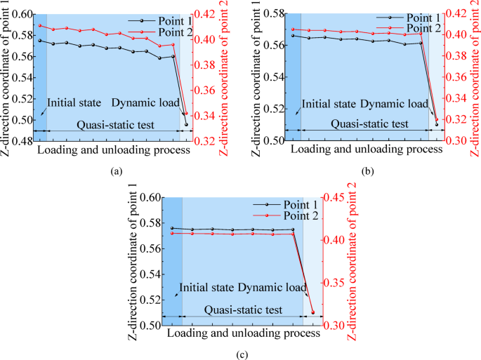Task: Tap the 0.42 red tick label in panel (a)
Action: [x=205, y=13]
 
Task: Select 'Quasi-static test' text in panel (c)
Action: [x=244, y=309]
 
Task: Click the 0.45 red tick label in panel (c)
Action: [x=334, y=197]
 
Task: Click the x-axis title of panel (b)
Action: [x=360, y=149]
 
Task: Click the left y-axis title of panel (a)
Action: [x=6, y=77]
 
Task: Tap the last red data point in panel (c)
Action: [x=312, y=312]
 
